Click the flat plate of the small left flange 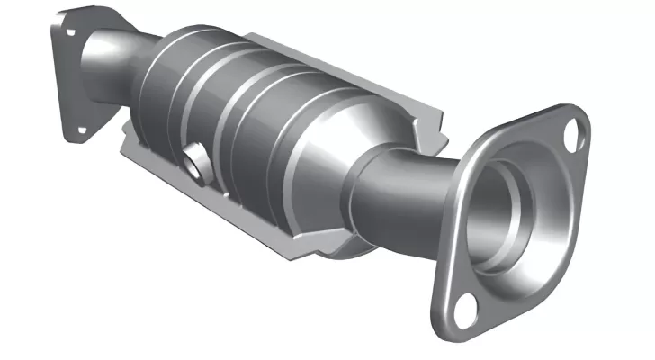coord(63,81)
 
